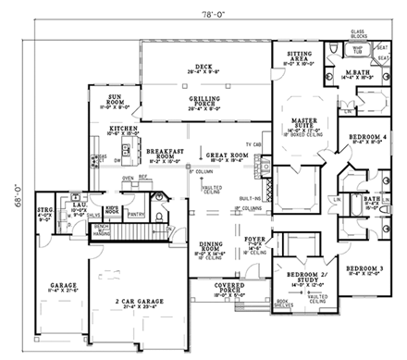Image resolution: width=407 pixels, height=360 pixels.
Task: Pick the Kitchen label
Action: pyautogui.click(x=124, y=130)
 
